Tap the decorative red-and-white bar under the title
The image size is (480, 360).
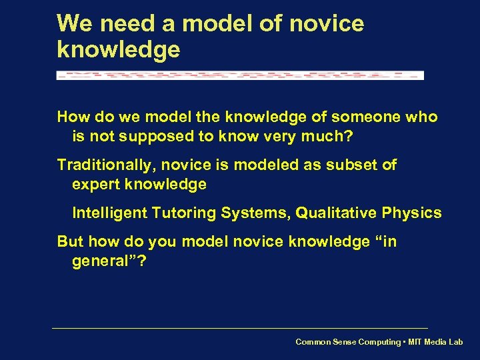click(x=240, y=75)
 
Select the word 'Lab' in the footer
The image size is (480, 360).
click(x=455, y=342)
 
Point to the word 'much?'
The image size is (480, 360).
click(x=333, y=137)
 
